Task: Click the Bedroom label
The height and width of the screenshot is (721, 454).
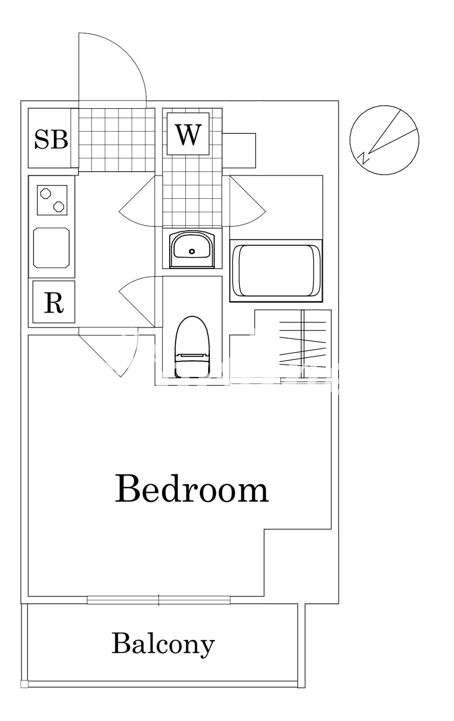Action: [x=191, y=489]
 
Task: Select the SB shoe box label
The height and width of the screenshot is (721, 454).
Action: [x=51, y=139]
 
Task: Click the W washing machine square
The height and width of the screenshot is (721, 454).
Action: [x=188, y=133]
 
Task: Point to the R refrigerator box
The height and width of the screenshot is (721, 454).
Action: [x=54, y=302]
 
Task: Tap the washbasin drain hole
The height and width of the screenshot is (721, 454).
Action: [x=192, y=251]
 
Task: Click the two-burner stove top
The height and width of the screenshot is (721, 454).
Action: [x=52, y=200]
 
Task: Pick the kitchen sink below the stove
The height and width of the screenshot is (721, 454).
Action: [x=51, y=247]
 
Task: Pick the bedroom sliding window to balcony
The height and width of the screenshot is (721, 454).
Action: [x=158, y=600]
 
